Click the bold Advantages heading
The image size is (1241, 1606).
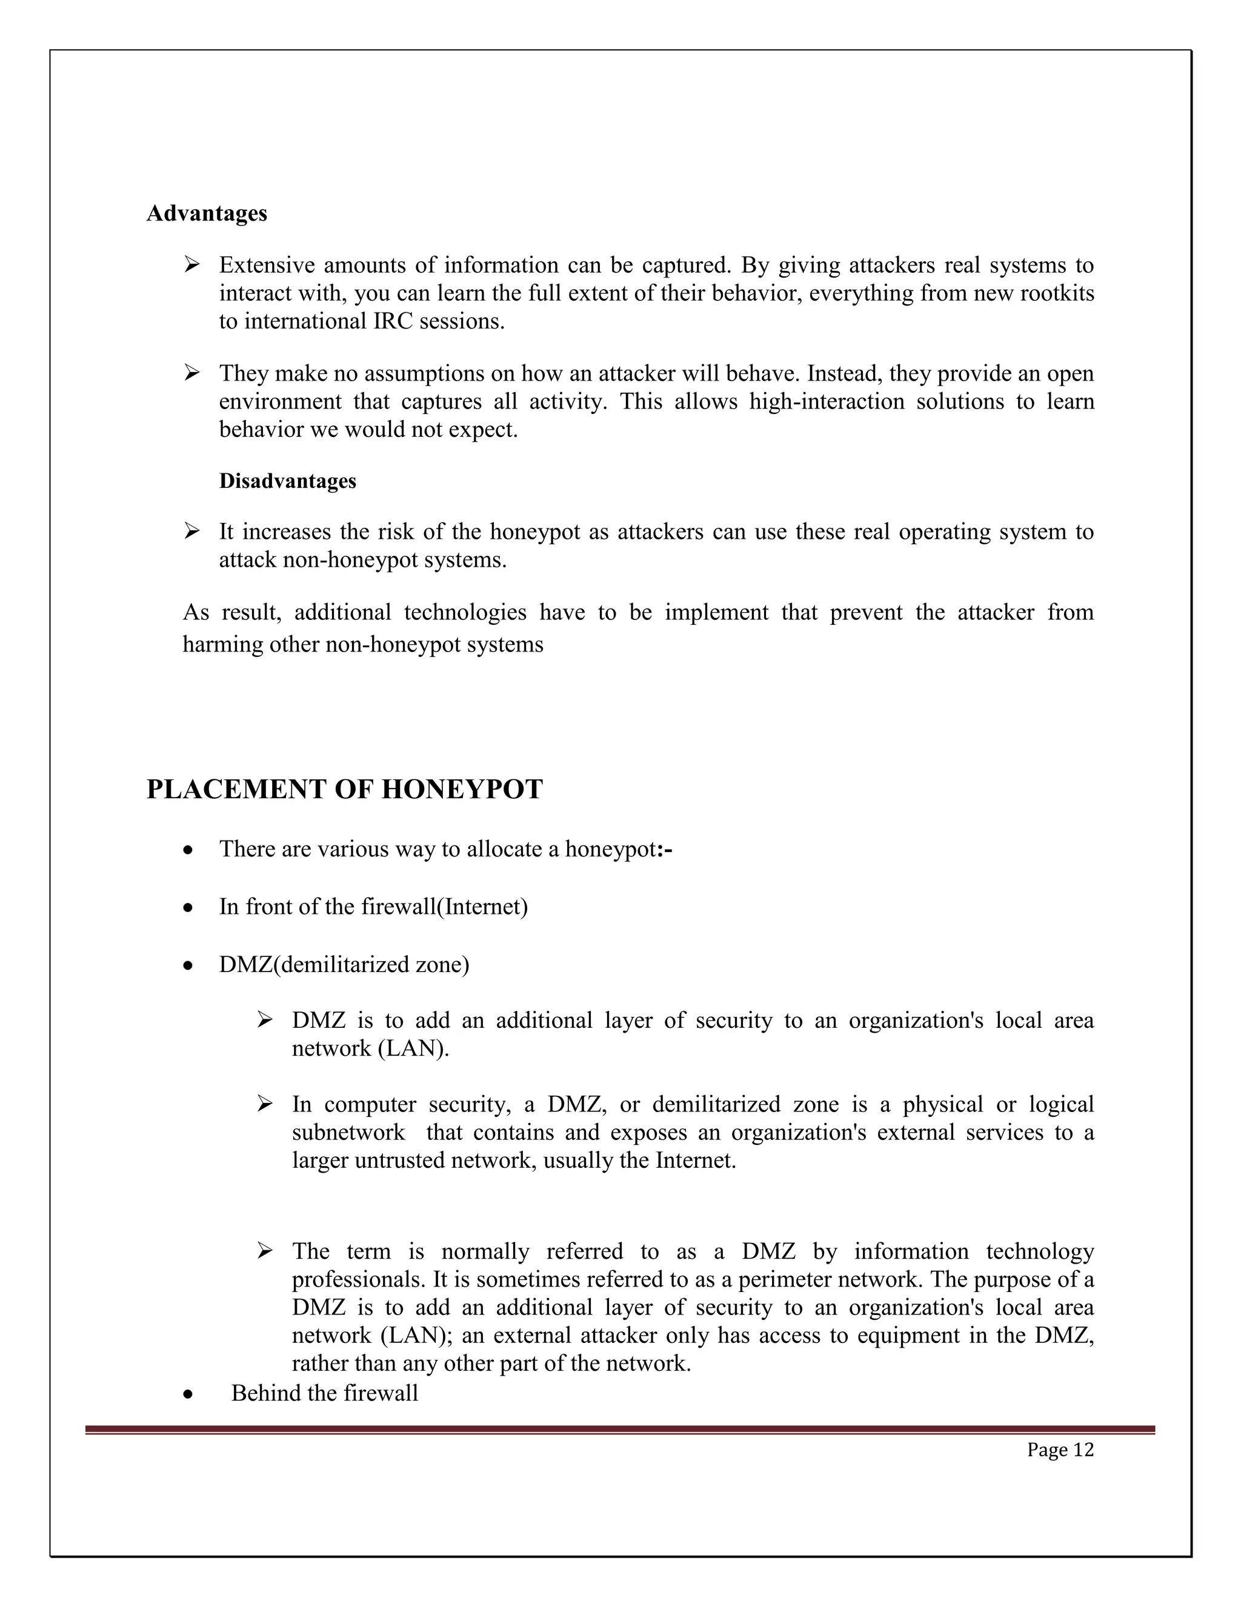pos(207,213)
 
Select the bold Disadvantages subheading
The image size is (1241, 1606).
pos(287,481)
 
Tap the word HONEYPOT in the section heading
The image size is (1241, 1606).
pos(462,789)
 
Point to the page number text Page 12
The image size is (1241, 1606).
pos(1060,1450)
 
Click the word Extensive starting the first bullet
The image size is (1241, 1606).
pos(266,265)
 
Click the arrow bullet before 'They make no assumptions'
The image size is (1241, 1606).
pos(192,373)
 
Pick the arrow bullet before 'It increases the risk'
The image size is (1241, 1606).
pos(192,531)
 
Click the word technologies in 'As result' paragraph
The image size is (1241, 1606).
pos(465,612)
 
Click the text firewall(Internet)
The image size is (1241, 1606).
pos(444,907)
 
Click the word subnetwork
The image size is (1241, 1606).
pos(348,1133)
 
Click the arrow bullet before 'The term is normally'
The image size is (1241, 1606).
pos(265,1251)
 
